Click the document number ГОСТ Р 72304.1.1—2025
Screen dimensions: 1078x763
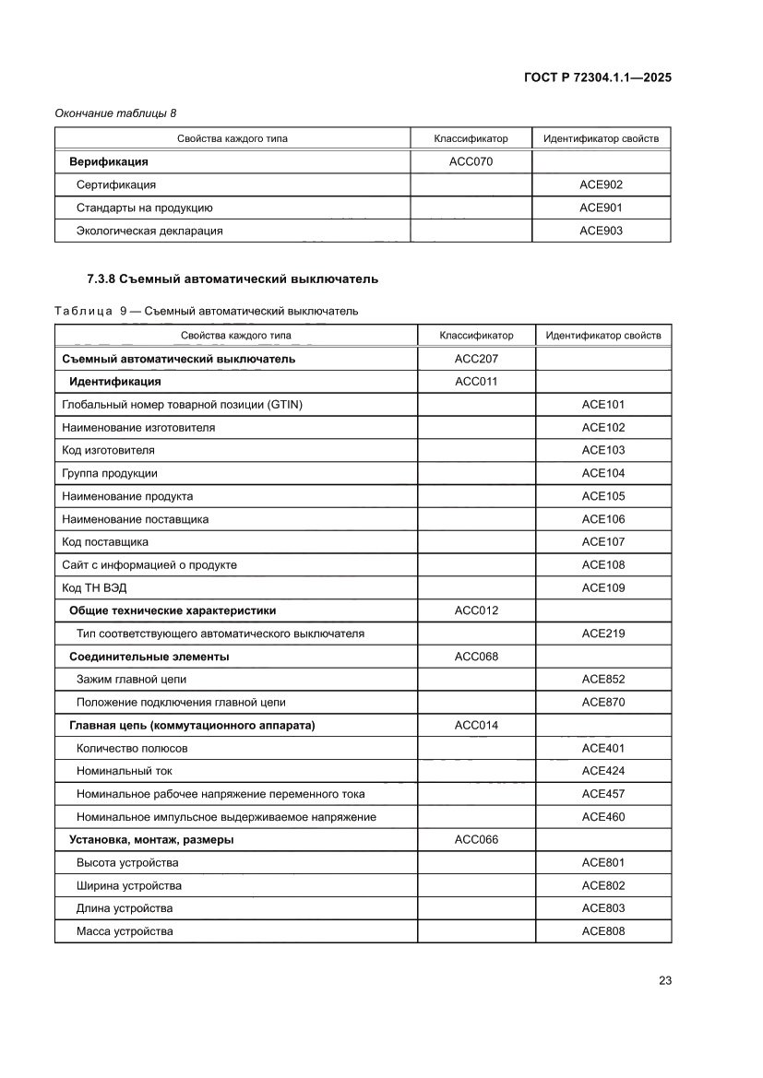pyautogui.click(x=598, y=77)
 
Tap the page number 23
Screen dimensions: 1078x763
pyautogui.click(x=664, y=980)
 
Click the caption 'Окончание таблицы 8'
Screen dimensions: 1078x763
pyautogui.click(x=115, y=113)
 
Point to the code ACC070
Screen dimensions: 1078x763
pyautogui.click(x=471, y=161)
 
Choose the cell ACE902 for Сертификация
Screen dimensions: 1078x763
pyautogui.click(x=601, y=184)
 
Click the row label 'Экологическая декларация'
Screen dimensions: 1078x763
pyautogui.click(x=149, y=231)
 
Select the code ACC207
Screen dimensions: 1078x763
pyautogui.click(x=476, y=359)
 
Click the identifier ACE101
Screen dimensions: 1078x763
pyautogui.click(x=602, y=404)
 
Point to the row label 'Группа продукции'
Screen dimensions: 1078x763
pyautogui.click(x=109, y=473)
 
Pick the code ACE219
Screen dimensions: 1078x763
pyautogui.click(x=602, y=634)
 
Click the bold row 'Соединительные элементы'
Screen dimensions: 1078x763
pyautogui.click(x=149, y=657)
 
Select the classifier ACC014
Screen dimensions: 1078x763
pyautogui.click(x=476, y=725)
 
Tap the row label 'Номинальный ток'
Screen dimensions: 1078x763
pyautogui.click(x=125, y=771)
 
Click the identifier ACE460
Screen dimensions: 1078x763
pyautogui.click(x=602, y=816)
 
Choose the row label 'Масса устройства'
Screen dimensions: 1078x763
pyautogui.click(x=125, y=931)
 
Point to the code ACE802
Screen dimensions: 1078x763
pyautogui.click(x=602, y=885)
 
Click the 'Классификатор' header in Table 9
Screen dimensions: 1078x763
pyautogui.click(x=476, y=336)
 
